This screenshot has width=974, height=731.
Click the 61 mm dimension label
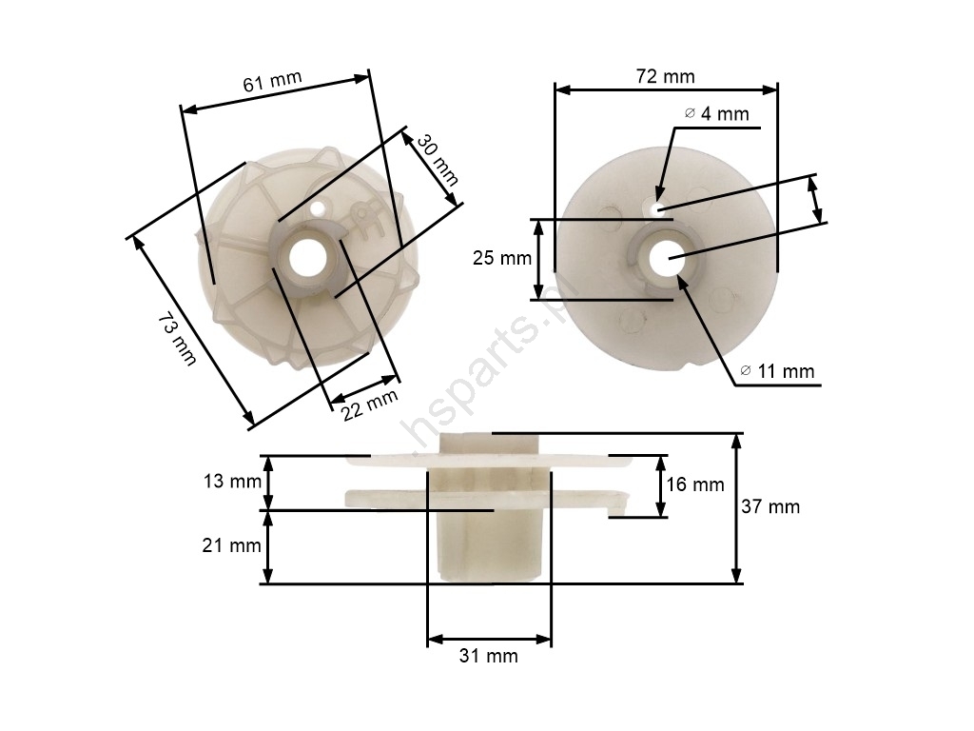coord(272,81)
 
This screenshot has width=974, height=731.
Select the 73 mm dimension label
coord(177,340)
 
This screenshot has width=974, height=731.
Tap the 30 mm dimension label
coord(438,160)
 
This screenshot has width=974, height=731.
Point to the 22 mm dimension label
coord(370,405)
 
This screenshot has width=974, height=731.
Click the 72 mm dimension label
coord(665,76)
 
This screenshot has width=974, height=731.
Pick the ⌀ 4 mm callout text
coord(717,114)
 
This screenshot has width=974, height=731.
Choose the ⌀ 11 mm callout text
coord(777,371)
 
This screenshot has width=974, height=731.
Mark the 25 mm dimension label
coord(502,257)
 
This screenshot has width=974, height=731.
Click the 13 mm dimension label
coord(232,481)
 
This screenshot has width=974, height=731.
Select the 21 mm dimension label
coord(231,545)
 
